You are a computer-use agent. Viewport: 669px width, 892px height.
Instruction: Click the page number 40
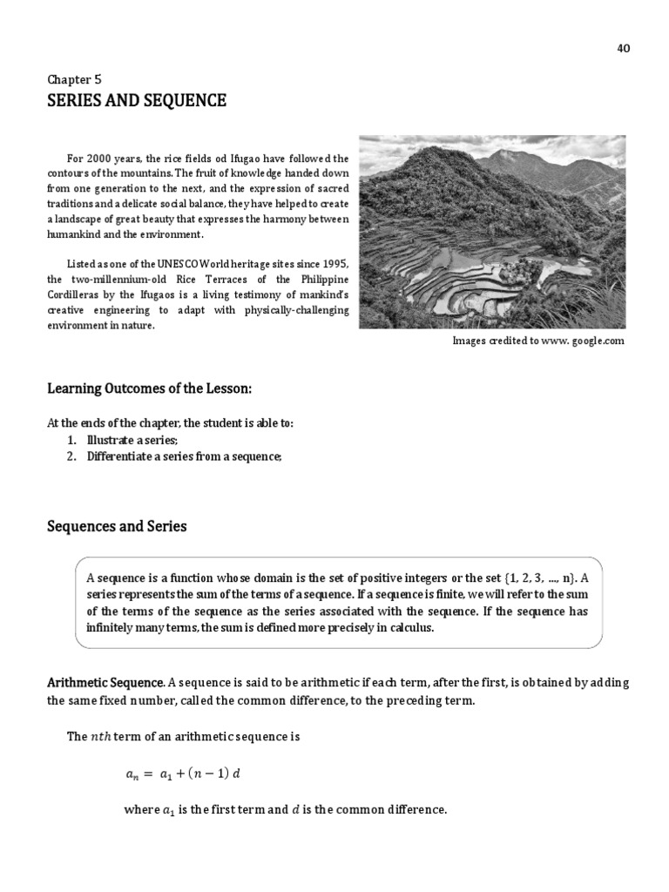click(x=623, y=49)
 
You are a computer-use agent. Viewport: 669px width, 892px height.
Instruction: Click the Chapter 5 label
click(x=74, y=78)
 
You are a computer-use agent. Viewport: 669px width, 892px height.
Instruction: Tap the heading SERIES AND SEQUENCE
click(x=136, y=101)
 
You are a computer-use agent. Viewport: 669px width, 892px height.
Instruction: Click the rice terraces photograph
click(x=491, y=232)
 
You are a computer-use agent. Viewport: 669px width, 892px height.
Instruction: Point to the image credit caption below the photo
click(x=538, y=341)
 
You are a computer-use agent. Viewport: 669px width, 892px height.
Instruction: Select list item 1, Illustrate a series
click(x=132, y=440)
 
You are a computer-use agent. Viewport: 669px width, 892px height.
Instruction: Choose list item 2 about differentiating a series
click(x=184, y=456)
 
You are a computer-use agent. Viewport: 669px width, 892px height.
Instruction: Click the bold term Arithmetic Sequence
click(x=105, y=681)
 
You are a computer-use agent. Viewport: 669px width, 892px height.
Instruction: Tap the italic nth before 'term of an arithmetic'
click(x=101, y=736)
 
